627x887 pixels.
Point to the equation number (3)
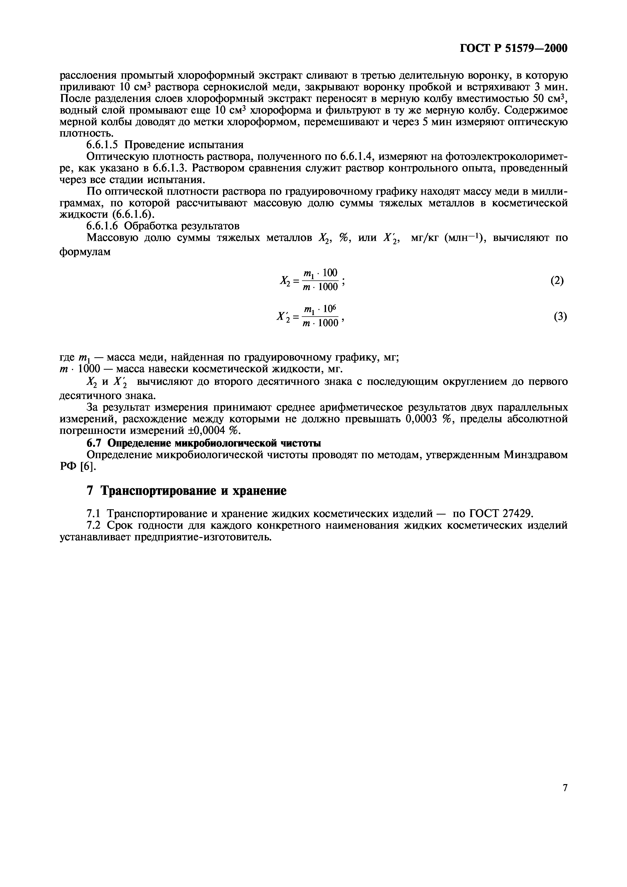[x=560, y=317]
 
